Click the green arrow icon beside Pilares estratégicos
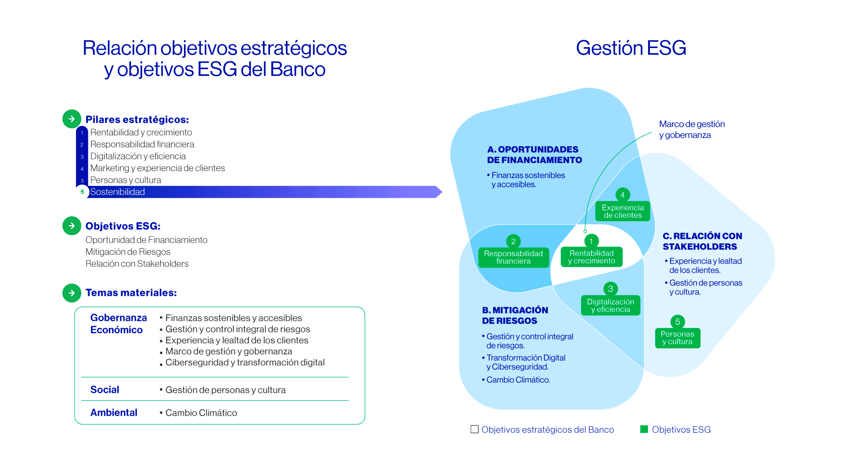point(72,119)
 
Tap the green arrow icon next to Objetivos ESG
point(72,226)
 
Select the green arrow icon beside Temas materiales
point(72,293)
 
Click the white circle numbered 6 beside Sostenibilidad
point(82,192)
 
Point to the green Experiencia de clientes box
point(622,211)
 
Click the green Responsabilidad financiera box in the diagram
point(513,257)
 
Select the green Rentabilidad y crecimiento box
point(592,257)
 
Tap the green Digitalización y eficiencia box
point(611,305)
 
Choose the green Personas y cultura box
point(678,338)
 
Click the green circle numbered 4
point(622,195)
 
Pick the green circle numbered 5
point(678,322)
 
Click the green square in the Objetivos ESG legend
point(644,429)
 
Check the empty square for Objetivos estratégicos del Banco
point(475,429)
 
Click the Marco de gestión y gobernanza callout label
point(692,130)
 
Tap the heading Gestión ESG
point(631,48)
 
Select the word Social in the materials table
point(105,390)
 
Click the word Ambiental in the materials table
point(114,413)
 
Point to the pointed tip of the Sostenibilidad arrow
point(442,192)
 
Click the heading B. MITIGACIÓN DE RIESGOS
point(515,316)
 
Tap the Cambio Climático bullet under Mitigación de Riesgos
point(516,380)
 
